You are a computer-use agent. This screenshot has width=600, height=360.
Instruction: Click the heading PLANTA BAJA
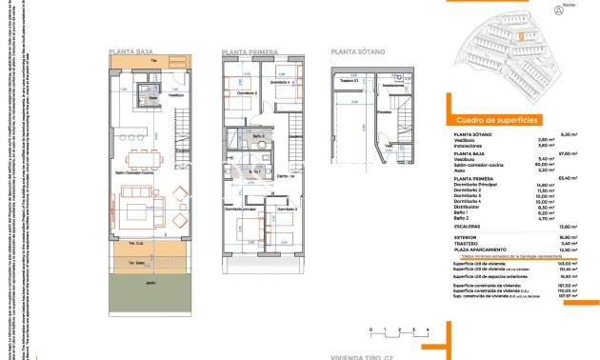click(x=133, y=52)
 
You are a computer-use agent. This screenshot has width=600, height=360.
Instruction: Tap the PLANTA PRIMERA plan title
click(x=250, y=52)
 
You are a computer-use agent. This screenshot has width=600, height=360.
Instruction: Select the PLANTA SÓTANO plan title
click(x=356, y=52)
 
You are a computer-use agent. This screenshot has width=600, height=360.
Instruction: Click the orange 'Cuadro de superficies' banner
click(x=498, y=120)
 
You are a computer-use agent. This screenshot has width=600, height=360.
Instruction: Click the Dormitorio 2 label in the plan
click(x=246, y=92)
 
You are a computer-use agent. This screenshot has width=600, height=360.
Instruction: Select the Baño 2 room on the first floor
click(x=258, y=138)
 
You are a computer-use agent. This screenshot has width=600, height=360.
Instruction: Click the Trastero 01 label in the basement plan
click(x=349, y=82)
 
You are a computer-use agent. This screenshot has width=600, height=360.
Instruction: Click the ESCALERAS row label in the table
click(x=466, y=225)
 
